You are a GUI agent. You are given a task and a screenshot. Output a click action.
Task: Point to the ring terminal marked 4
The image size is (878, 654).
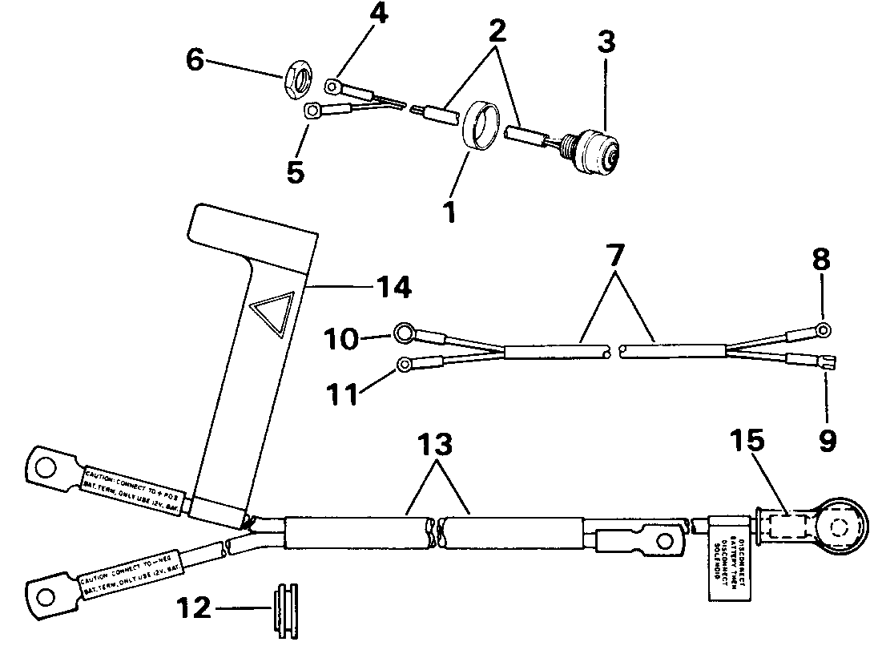coord(332,83)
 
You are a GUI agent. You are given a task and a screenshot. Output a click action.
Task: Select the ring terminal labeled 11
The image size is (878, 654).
coord(406,366)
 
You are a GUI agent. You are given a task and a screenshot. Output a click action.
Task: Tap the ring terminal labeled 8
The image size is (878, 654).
coord(823,329)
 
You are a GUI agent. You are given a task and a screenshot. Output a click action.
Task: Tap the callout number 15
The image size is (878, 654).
coord(747,441)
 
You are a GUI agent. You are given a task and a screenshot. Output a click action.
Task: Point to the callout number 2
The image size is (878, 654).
coord(497,31)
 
